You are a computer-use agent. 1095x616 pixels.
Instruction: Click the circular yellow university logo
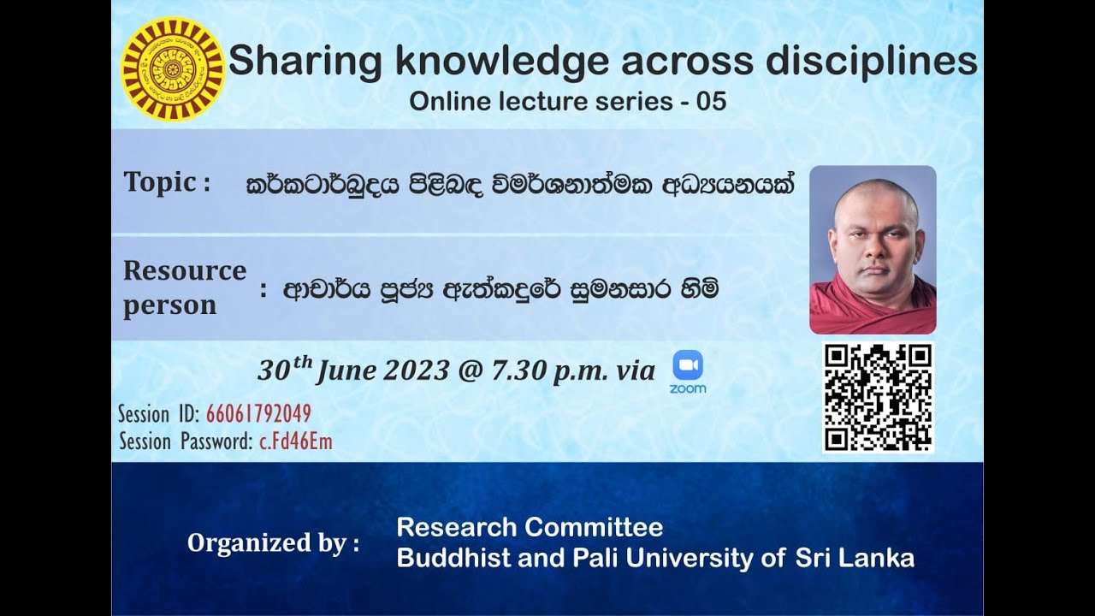point(172,68)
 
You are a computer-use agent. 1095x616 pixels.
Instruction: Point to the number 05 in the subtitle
point(711,102)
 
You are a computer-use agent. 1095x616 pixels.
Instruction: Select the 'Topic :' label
point(167,182)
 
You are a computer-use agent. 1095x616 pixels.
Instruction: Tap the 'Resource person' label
point(183,287)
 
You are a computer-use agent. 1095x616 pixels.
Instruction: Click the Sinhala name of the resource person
point(500,290)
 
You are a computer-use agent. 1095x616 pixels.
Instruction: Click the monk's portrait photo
point(873,249)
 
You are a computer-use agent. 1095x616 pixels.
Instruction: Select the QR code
point(878,397)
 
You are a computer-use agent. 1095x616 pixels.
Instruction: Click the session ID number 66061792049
point(258,414)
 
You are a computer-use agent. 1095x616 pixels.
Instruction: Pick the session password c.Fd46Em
point(296,441)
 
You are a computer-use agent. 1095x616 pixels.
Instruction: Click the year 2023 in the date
point(417,370)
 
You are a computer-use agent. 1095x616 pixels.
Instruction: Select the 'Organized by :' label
point(273,543)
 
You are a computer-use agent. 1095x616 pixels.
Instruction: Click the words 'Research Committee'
point(530,527)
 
